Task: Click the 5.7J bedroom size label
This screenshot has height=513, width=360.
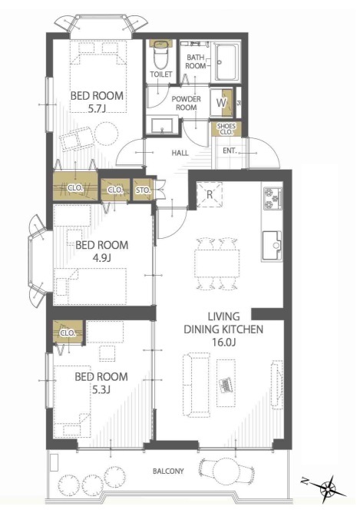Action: (x=97, y=108)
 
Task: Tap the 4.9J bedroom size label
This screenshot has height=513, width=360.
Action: (x=101, y=258)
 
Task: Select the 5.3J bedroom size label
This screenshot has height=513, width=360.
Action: (x=101, y=389)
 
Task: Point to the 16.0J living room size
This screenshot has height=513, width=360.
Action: (x=223, y=342)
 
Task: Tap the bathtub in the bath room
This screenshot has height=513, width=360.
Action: (x=226, y=62)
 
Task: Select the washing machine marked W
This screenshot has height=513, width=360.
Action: (x=221, y=103)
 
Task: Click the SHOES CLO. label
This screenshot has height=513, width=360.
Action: (x=226, y=129)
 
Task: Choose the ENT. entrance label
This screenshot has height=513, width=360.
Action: (x=230, y=151)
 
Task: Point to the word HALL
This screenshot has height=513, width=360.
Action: (x=180, y=153)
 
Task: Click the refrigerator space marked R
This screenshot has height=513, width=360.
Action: (x=210, y=194)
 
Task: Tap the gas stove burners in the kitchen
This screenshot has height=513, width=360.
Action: (x=272, y=198)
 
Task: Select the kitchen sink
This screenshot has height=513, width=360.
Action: (x=272, y=246)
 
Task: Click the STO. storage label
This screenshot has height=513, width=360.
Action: (x=143, y=190)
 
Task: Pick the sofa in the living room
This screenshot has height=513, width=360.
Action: (x=197, y=385)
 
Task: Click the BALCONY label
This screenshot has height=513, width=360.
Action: (x=168, y=471)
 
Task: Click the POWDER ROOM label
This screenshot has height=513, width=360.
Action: (x=187, y=103)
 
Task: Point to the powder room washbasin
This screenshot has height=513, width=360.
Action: (x=162, y=126)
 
